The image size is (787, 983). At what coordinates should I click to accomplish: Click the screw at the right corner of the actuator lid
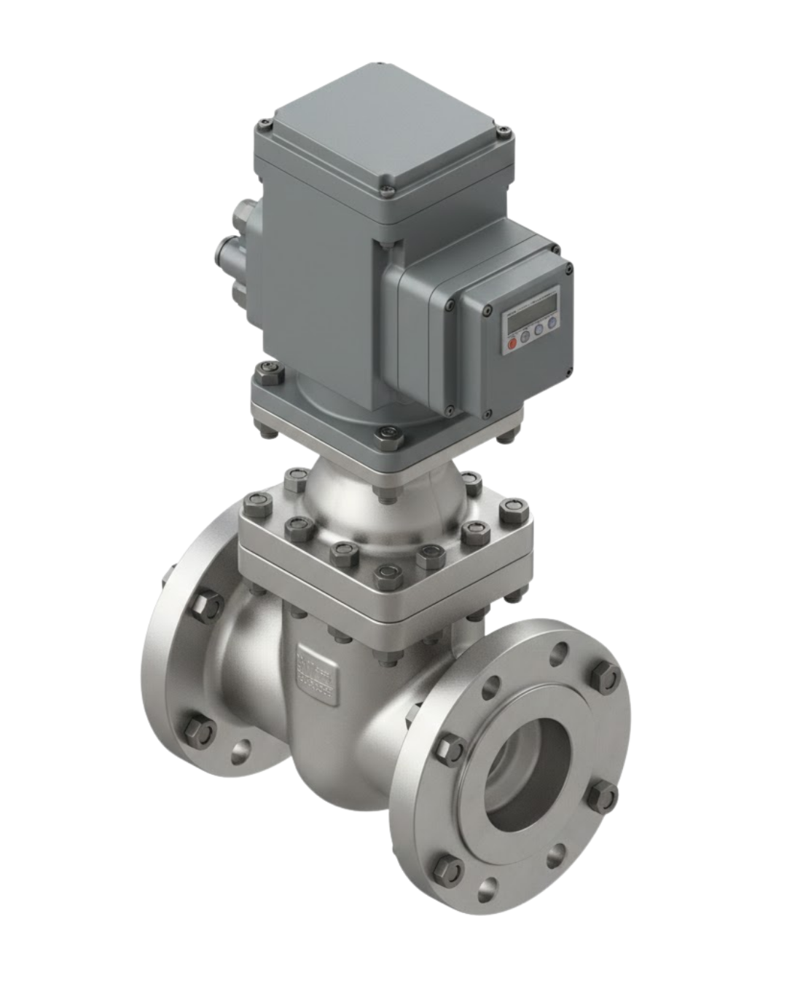click(x=502, y=132)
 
